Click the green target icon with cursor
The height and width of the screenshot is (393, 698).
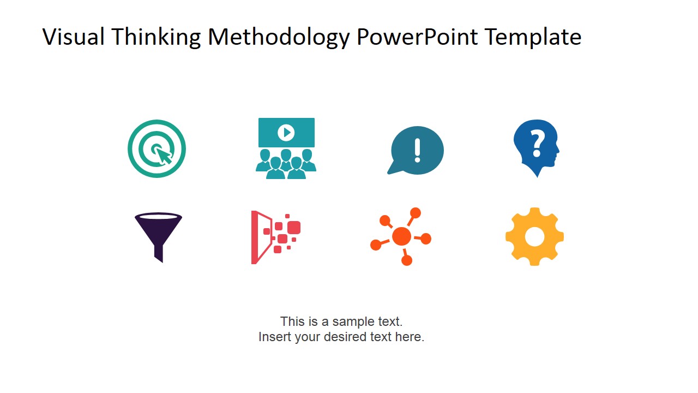point(157,148)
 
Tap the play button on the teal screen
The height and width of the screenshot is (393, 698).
point(286,132)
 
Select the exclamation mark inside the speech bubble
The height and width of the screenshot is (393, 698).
point(418,150)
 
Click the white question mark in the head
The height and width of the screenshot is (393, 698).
point(538,142)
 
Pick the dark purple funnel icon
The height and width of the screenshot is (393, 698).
point(158,235)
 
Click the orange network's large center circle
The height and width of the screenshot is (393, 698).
point(401,236)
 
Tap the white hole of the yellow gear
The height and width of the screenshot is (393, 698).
point(534,236)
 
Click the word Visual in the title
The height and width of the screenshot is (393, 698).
point(74,37)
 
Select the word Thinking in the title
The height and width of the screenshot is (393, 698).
point(156,37)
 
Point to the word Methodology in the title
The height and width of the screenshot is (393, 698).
point(279,37)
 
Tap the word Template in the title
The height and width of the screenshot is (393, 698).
point(533,37)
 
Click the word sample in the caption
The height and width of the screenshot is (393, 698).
point(350,321)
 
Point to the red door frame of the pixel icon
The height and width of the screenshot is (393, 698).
point(254,237)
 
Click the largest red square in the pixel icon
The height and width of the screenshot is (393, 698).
point(294,227)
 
